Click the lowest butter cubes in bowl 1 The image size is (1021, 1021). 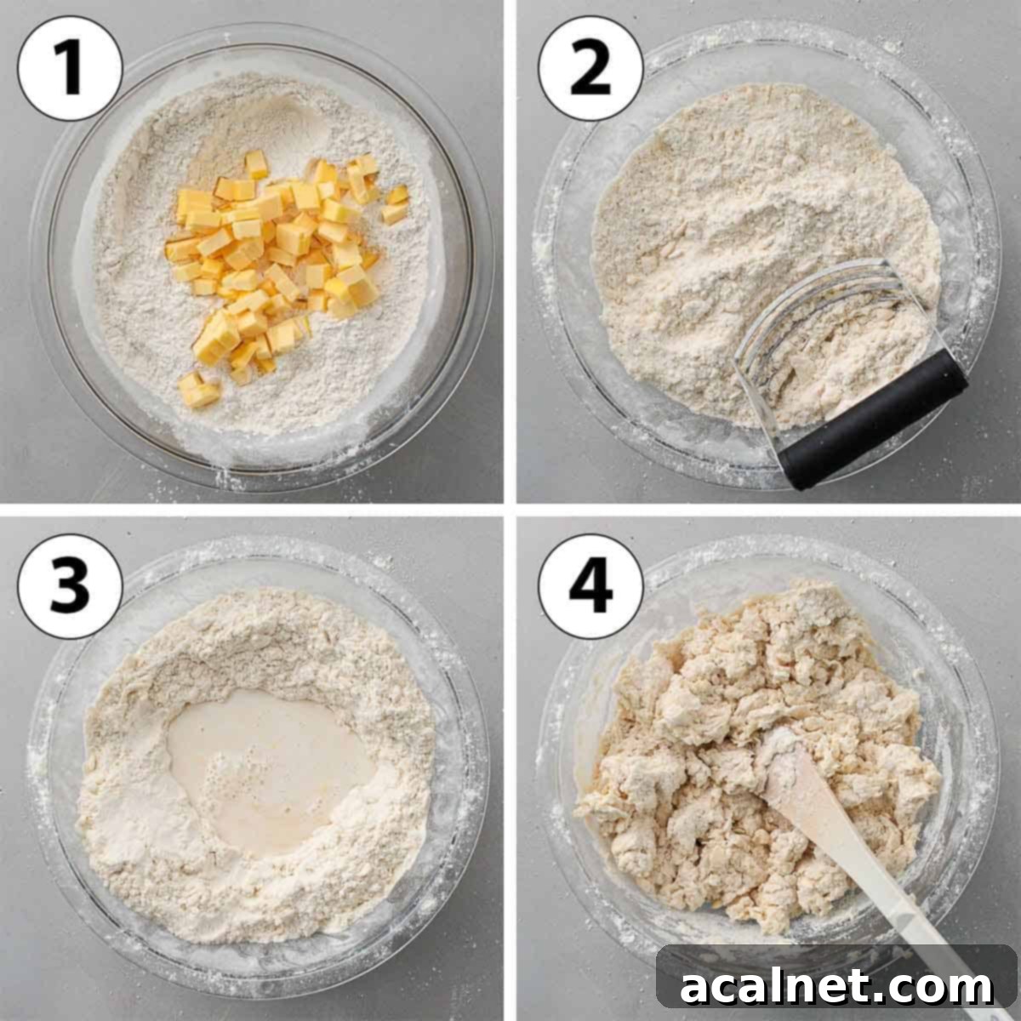(x=199, y=391)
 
